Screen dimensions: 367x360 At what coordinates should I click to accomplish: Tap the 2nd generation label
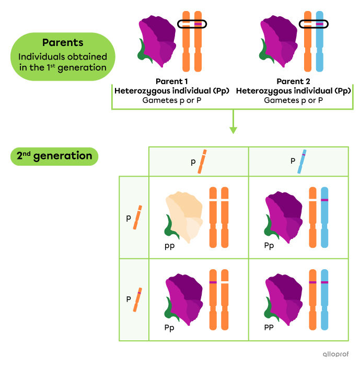54,156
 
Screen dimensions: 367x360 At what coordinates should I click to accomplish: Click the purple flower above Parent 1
158,40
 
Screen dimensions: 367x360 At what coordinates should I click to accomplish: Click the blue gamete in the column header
301,162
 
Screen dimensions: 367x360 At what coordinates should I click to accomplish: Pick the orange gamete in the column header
202,162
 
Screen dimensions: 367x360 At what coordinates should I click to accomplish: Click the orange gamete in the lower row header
138,300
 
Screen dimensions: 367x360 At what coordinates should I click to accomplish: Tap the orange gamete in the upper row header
138,217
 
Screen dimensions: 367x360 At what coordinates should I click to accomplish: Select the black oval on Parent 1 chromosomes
192,24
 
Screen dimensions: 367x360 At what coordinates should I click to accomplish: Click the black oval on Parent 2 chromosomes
313,24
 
